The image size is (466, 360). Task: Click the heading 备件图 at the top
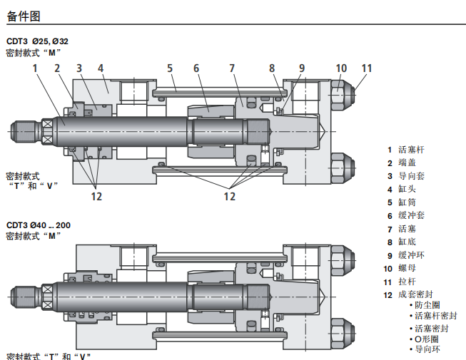[22, 15]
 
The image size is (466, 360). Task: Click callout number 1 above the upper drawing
[35, 68]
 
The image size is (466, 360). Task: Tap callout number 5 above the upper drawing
[170, 68]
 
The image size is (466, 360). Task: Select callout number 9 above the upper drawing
[302, 68]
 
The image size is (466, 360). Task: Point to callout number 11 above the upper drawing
[366, 68]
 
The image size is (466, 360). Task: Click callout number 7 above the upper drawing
[232, 68]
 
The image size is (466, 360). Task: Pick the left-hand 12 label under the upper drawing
[96, 196]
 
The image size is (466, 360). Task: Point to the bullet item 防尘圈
[427, 305]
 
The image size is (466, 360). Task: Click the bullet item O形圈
[427, 339]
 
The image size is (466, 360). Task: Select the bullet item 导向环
[427, 349]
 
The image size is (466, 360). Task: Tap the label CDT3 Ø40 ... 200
[39, 225]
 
